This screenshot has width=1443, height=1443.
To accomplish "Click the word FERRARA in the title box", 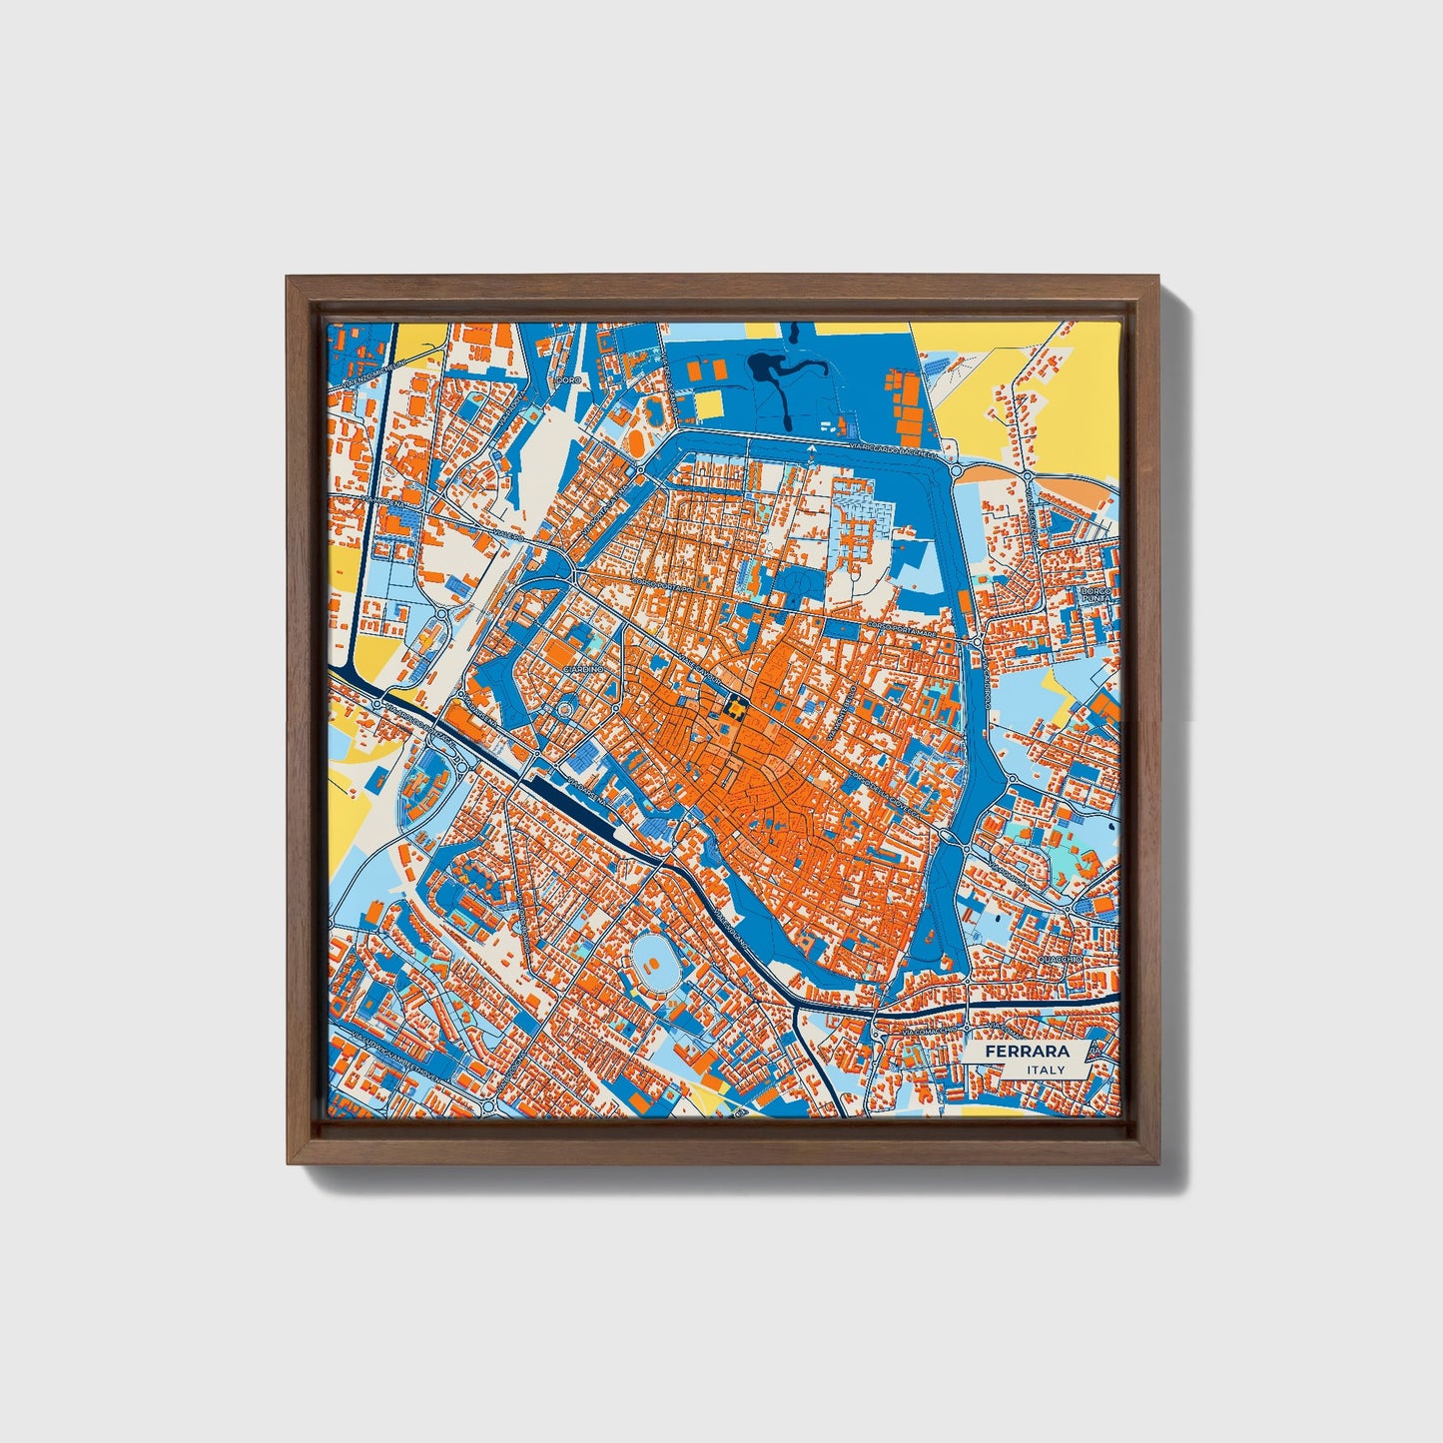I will click(1027, 1052).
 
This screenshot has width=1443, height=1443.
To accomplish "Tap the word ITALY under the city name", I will click(1046, 1070).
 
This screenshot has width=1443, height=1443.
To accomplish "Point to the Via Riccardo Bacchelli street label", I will click(892, 447).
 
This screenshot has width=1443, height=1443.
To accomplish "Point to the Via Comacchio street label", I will click(929, 1029).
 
